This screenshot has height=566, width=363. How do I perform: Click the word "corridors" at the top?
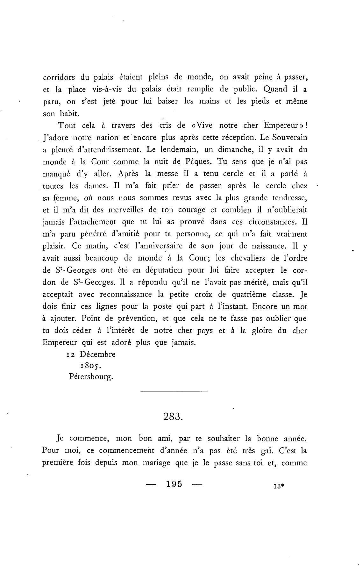pyautogui.click(x=59, y=77)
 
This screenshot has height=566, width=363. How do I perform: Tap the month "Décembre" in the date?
pyautogui.click(x=97, y=354)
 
